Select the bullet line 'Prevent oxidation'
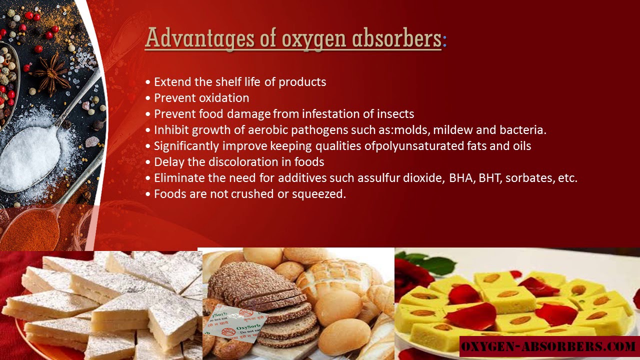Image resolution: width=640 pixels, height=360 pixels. tap(201, 98)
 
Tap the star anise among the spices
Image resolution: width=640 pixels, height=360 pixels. tap(52, 73)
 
